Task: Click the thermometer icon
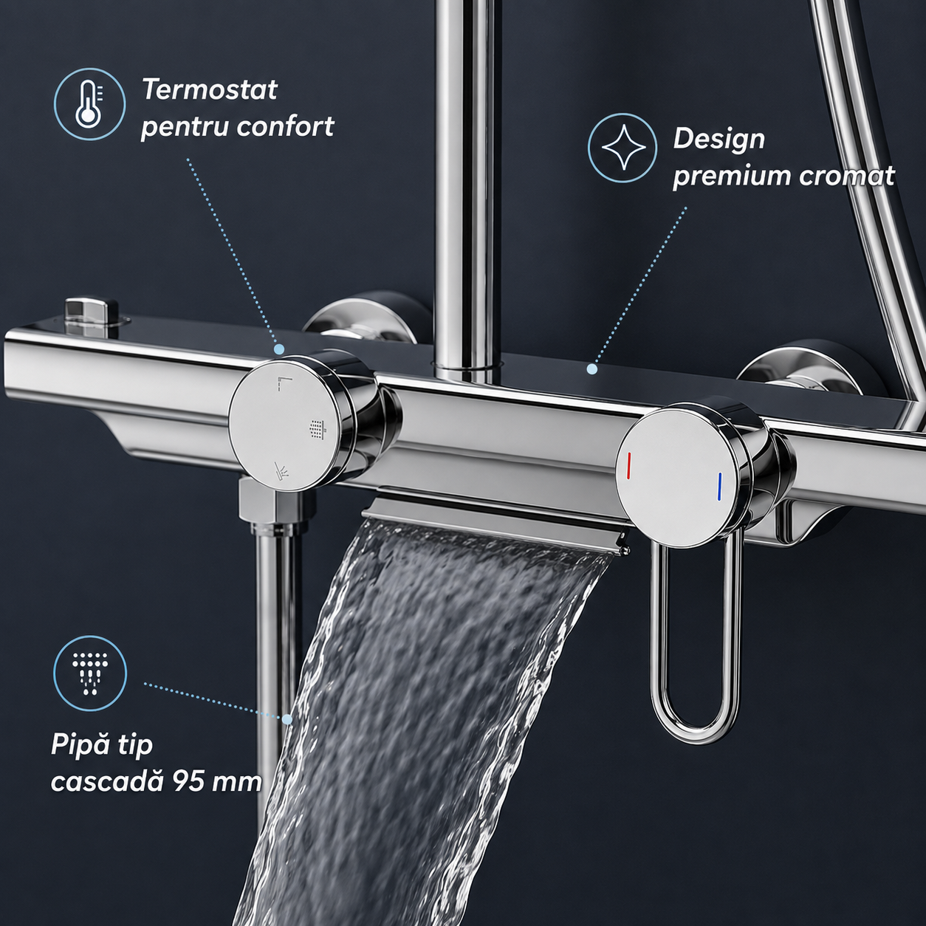coord(89,104)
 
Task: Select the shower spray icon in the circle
coord(90,673)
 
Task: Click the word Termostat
coord(210,89)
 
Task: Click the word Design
coord(719,140)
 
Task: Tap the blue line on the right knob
coord(720,488)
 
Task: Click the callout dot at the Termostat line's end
coord(278,349)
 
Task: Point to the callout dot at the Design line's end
coord(592,368)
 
